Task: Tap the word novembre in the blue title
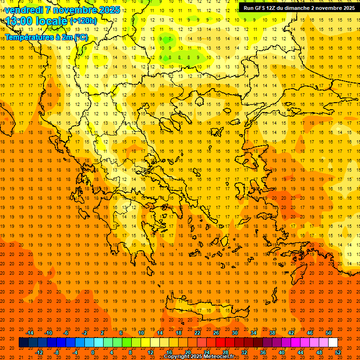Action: (75, 10)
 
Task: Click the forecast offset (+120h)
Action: (83, 21)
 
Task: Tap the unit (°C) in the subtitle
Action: (80, 37)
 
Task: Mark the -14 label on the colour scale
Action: (30, 333)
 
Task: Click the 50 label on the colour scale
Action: (329, 333)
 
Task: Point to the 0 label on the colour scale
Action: (93, 352)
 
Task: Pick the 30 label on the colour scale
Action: (234, 333)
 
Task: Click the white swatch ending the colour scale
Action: (333, 343)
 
